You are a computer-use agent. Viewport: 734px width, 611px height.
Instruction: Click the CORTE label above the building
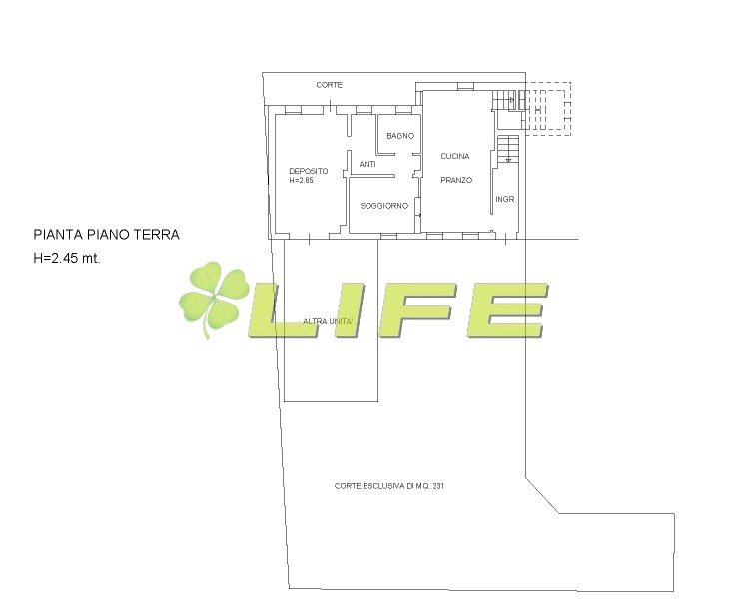tap(330, 85)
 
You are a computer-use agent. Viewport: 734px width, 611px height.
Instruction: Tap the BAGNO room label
tap(400, 136)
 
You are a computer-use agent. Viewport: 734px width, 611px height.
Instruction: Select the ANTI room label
tap(367, 164)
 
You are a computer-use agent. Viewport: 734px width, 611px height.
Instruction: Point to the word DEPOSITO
tap(308, 171)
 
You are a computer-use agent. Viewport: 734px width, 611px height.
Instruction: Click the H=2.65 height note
tap(301, 180)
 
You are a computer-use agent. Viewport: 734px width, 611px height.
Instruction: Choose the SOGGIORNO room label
tap(383, 206)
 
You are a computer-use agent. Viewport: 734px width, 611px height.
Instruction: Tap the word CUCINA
tap(455, 156)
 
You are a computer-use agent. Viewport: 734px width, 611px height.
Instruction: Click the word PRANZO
tap(456, 180)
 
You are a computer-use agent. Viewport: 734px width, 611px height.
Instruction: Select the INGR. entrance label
tap(505, 199)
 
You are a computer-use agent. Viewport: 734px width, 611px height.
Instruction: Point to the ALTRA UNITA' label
tap(331, 321)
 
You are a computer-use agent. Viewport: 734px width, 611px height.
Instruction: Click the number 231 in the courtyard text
tap(438, 486)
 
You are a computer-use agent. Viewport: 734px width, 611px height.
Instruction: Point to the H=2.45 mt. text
tap(67, 258)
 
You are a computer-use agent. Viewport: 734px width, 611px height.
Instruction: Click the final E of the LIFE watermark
tap(508, 310)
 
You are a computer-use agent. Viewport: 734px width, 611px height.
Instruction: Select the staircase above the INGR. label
tap(509, 149)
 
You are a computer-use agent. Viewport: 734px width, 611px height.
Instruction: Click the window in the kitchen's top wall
tap(465, 86)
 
